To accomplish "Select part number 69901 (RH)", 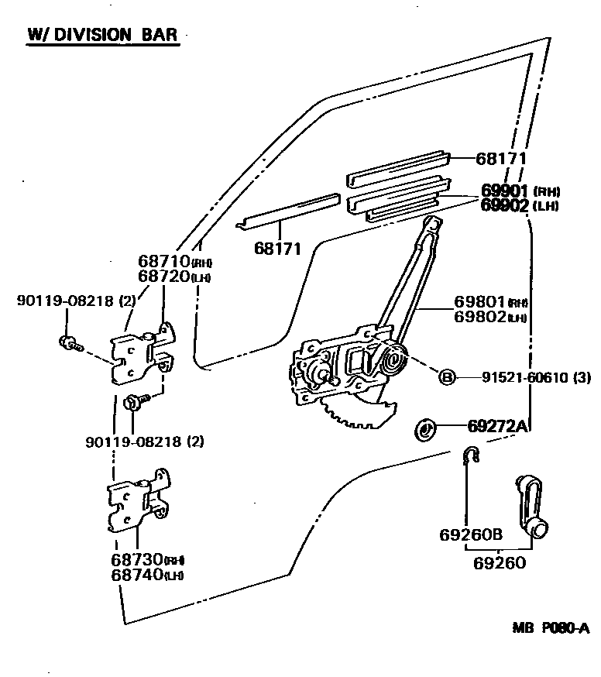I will click(x=519, y=191).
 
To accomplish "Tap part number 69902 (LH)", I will click(x=519, y=205).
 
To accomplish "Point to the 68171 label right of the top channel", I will click(x=500, y=159).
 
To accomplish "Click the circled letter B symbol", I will click(x=447, y=377).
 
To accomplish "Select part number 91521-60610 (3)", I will click(x=525, y=377).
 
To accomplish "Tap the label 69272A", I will click(x=497, y=425).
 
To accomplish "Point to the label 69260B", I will click(x=471, y=534).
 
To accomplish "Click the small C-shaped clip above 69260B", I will click(x=470, y=457).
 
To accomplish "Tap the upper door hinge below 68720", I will click(x=143, y=353).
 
